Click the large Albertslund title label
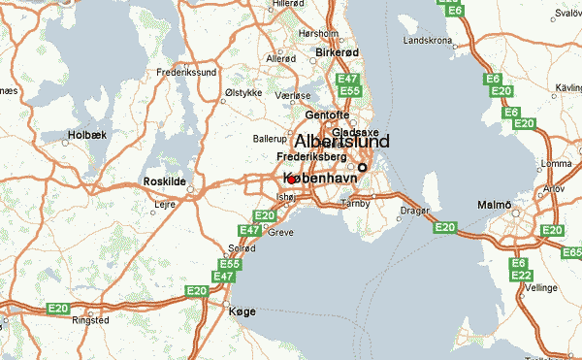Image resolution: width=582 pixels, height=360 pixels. (341, 142)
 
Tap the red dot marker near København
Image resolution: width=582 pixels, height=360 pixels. (292, 180)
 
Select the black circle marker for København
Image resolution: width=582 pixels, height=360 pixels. (363, 167)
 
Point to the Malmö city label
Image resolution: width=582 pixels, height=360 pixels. (494, 204)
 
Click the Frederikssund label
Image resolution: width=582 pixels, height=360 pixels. (186, 73)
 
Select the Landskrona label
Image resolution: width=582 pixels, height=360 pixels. (428, 42)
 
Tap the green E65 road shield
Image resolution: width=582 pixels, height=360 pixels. (569, 252)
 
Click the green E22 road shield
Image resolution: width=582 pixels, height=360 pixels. (519, 277)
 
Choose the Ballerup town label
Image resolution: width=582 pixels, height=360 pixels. (269, 139)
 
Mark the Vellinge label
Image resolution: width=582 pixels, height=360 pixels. (541, 288)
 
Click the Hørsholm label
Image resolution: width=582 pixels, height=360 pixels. (317, 32)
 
